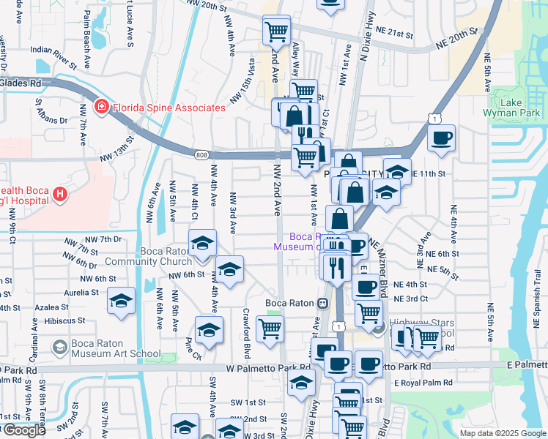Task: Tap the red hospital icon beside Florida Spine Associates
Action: point(100,108)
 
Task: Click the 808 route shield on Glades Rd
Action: point(202,155)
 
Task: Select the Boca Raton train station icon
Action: point(322,303)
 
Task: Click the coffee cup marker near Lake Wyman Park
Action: point(441,138)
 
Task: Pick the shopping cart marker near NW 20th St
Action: point(277,31)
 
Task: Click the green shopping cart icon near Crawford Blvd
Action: point(270,330)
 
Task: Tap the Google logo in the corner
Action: point(23,430)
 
